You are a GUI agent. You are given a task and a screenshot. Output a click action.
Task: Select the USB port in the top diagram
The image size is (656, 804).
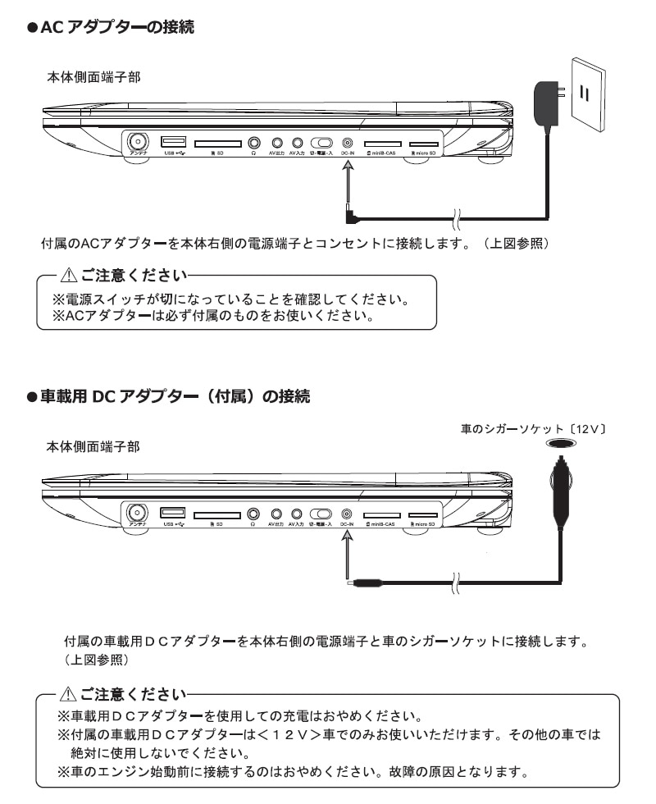173,141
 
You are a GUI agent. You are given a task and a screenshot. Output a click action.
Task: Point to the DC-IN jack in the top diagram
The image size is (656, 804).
348,142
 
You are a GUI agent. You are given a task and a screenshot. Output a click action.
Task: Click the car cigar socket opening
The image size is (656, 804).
560,443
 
